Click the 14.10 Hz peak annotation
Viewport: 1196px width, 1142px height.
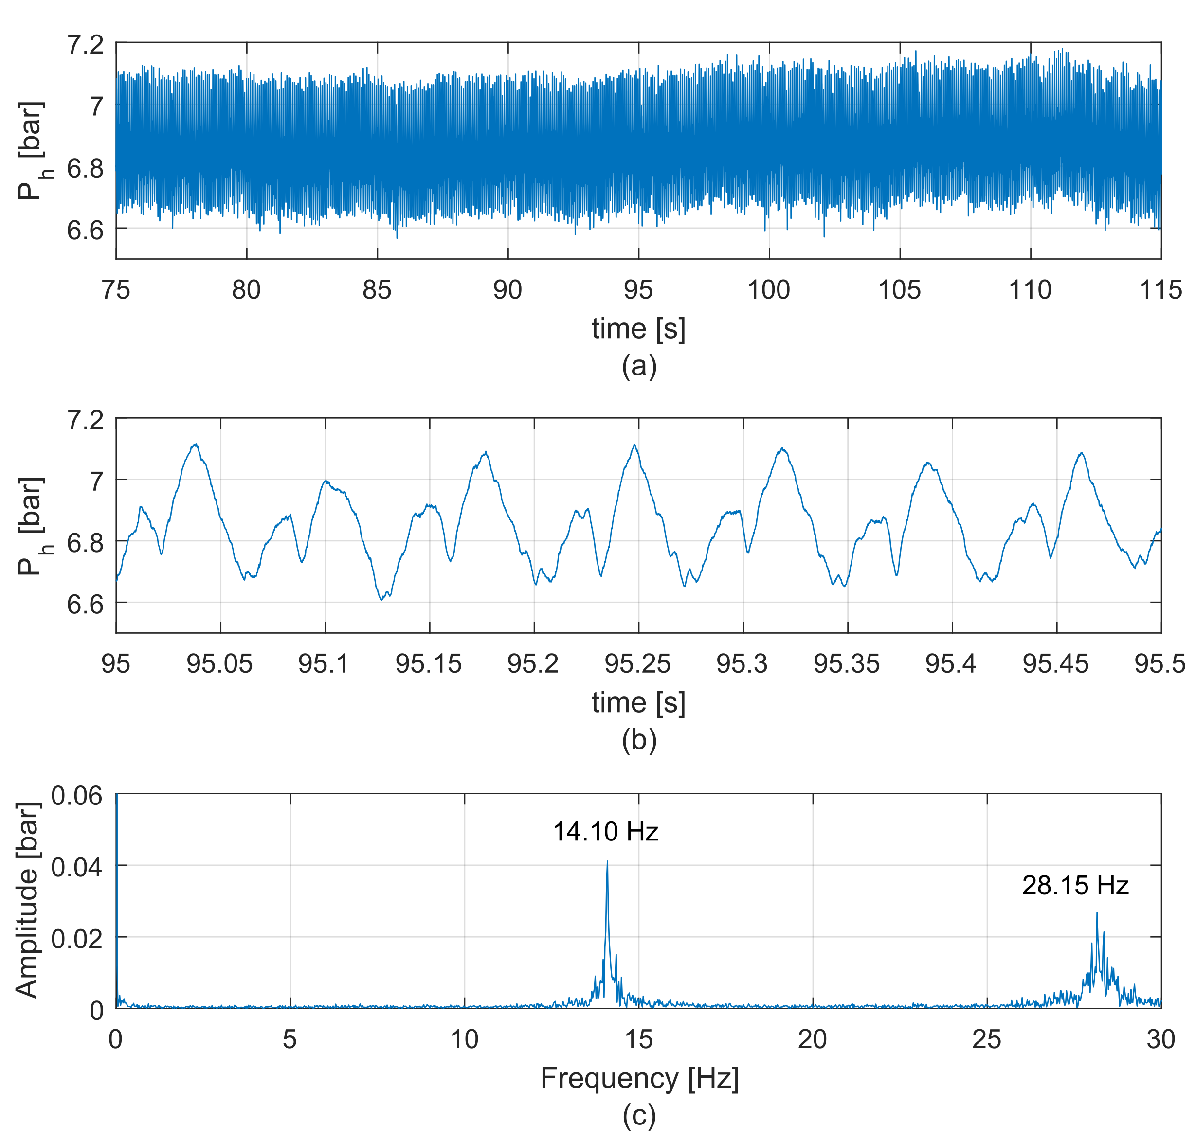pyautogui.click(x=605, y=832)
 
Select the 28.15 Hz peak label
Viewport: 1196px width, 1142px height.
pyautogui.click(x=1075, y=886)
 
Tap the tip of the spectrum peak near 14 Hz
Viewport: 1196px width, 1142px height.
pyautogui.click(x=607, y=861)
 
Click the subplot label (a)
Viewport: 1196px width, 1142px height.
pyautogui.click(x=639, y=366)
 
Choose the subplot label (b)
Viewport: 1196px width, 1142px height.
pyautogui.click(x=639, y=741)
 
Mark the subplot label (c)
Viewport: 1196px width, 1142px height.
pyautogui.click(x=639, y=1115)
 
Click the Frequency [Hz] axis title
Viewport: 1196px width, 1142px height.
pyautogui.click(x=639, y=1078)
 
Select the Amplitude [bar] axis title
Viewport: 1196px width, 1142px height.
pyautogui.click(x=27, y=901)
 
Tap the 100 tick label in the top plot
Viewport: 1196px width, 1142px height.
pyautogui.click(x=768, y=290)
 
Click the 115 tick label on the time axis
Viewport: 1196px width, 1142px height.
pyautogui.click(x=1160, y=290)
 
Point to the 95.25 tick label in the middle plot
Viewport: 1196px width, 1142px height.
pyautogui.click(x=637, y=664)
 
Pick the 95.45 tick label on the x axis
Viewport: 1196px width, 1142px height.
pyautogui.click(x=1055, y=664)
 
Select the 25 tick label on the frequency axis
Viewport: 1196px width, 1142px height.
pyautogui.click(x=986, y=1040)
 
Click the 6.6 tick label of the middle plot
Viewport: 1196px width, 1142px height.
pyautogui.click(x=85, y=605)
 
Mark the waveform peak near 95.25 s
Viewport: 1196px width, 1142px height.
pyautogui.click(x=634, y=445)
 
